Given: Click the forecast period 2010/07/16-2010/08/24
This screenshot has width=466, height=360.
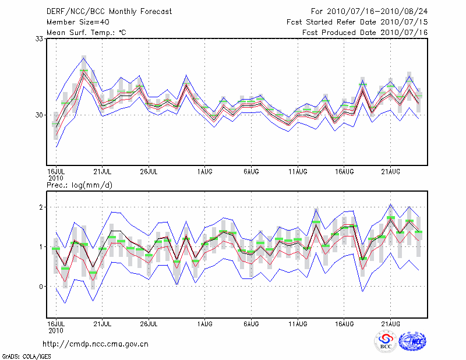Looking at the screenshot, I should (x=369, y=11).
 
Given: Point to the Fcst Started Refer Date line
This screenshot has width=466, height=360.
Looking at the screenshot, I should (x=357, y=22).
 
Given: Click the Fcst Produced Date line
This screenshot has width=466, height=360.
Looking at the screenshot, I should (x=365, y=32).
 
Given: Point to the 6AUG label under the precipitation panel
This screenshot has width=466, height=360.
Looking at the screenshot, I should (x=251, y=323).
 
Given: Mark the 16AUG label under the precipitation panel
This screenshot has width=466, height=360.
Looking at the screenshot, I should (x=344, y=323).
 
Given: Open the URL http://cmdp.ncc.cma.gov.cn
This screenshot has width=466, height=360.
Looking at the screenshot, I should (x=96, y=344).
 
